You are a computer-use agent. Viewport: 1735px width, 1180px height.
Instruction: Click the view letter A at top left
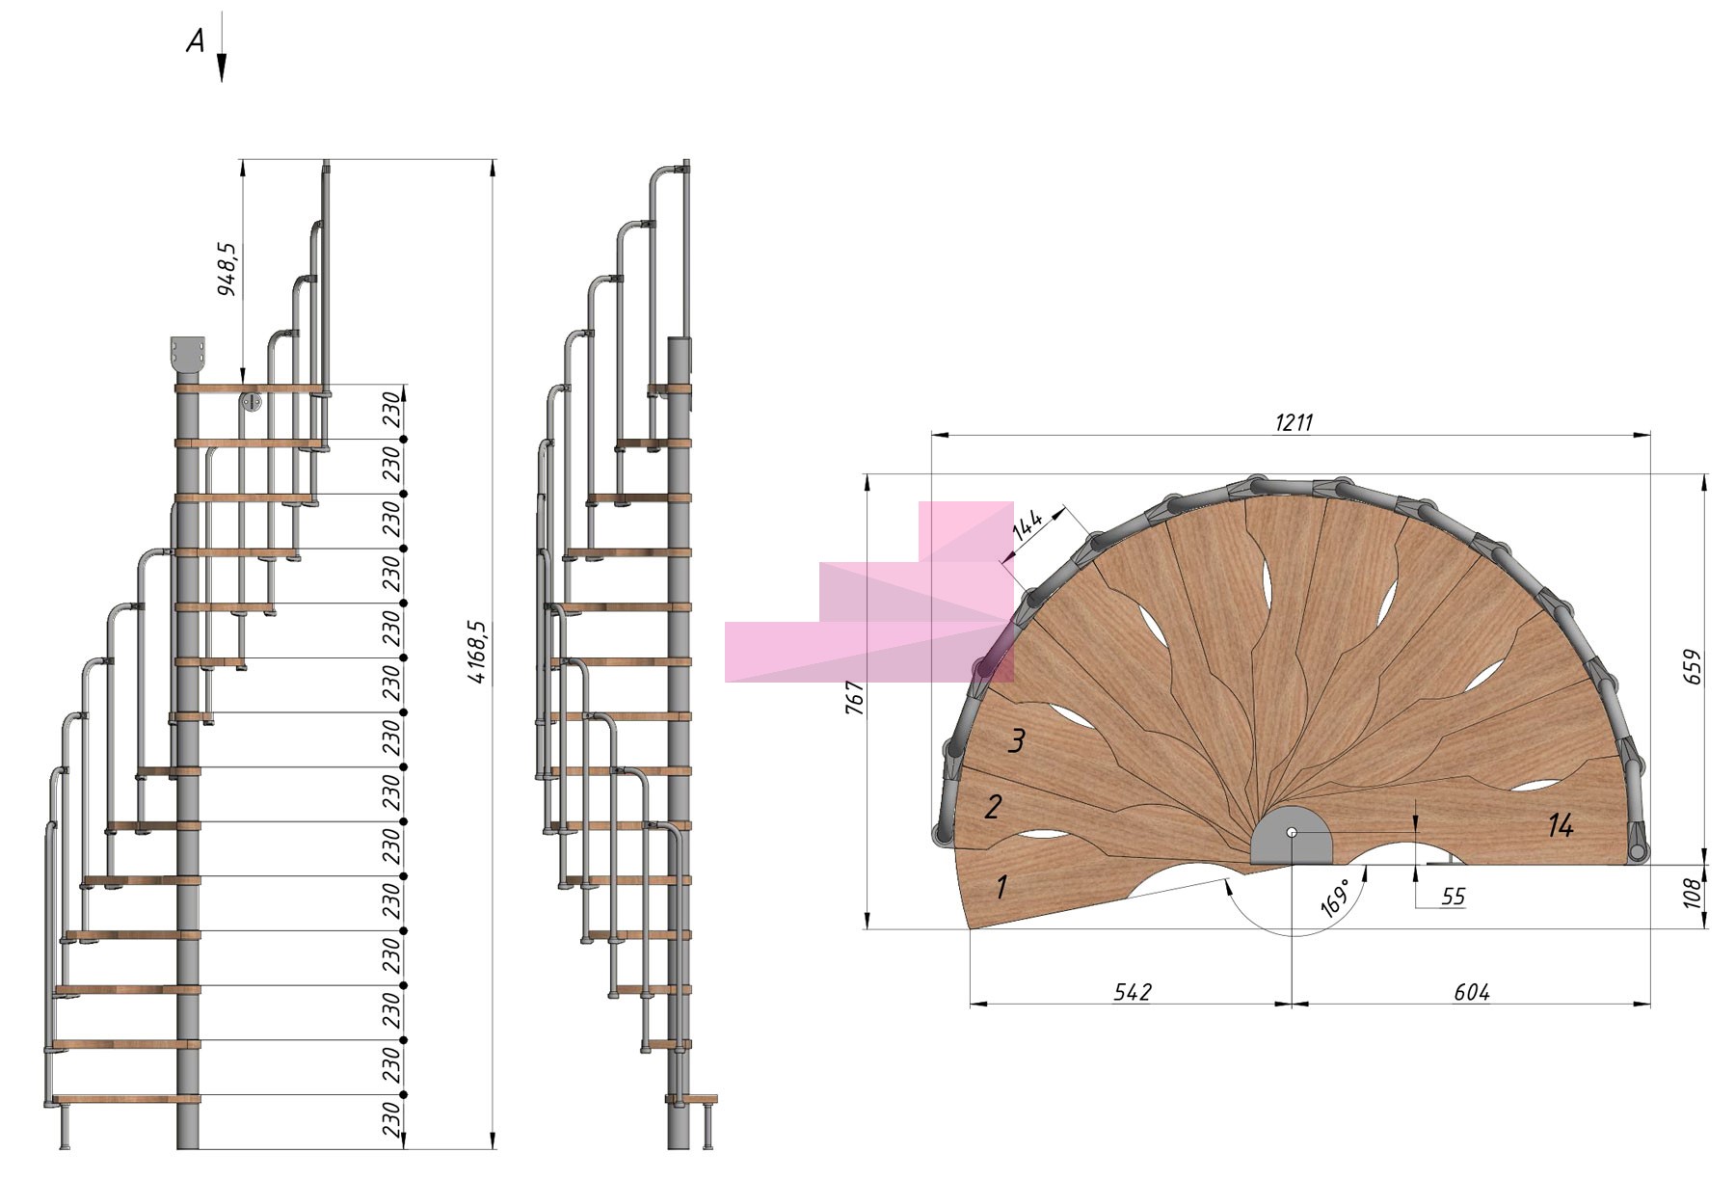point(196,40)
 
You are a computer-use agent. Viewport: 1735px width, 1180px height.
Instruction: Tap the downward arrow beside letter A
point(221,47)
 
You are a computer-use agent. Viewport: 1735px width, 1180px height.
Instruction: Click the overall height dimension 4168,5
point(479,653)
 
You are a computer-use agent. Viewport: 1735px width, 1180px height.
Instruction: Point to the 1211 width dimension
point(1294,422)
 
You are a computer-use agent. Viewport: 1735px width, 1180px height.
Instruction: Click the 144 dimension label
point(1028,524)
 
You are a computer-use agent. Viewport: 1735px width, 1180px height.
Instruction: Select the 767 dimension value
point(854,698)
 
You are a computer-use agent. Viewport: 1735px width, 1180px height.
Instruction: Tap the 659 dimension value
point(1693,667)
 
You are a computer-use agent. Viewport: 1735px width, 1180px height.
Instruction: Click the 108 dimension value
point(1693,893)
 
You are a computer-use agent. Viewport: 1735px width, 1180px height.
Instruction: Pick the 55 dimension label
point(1453,897)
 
